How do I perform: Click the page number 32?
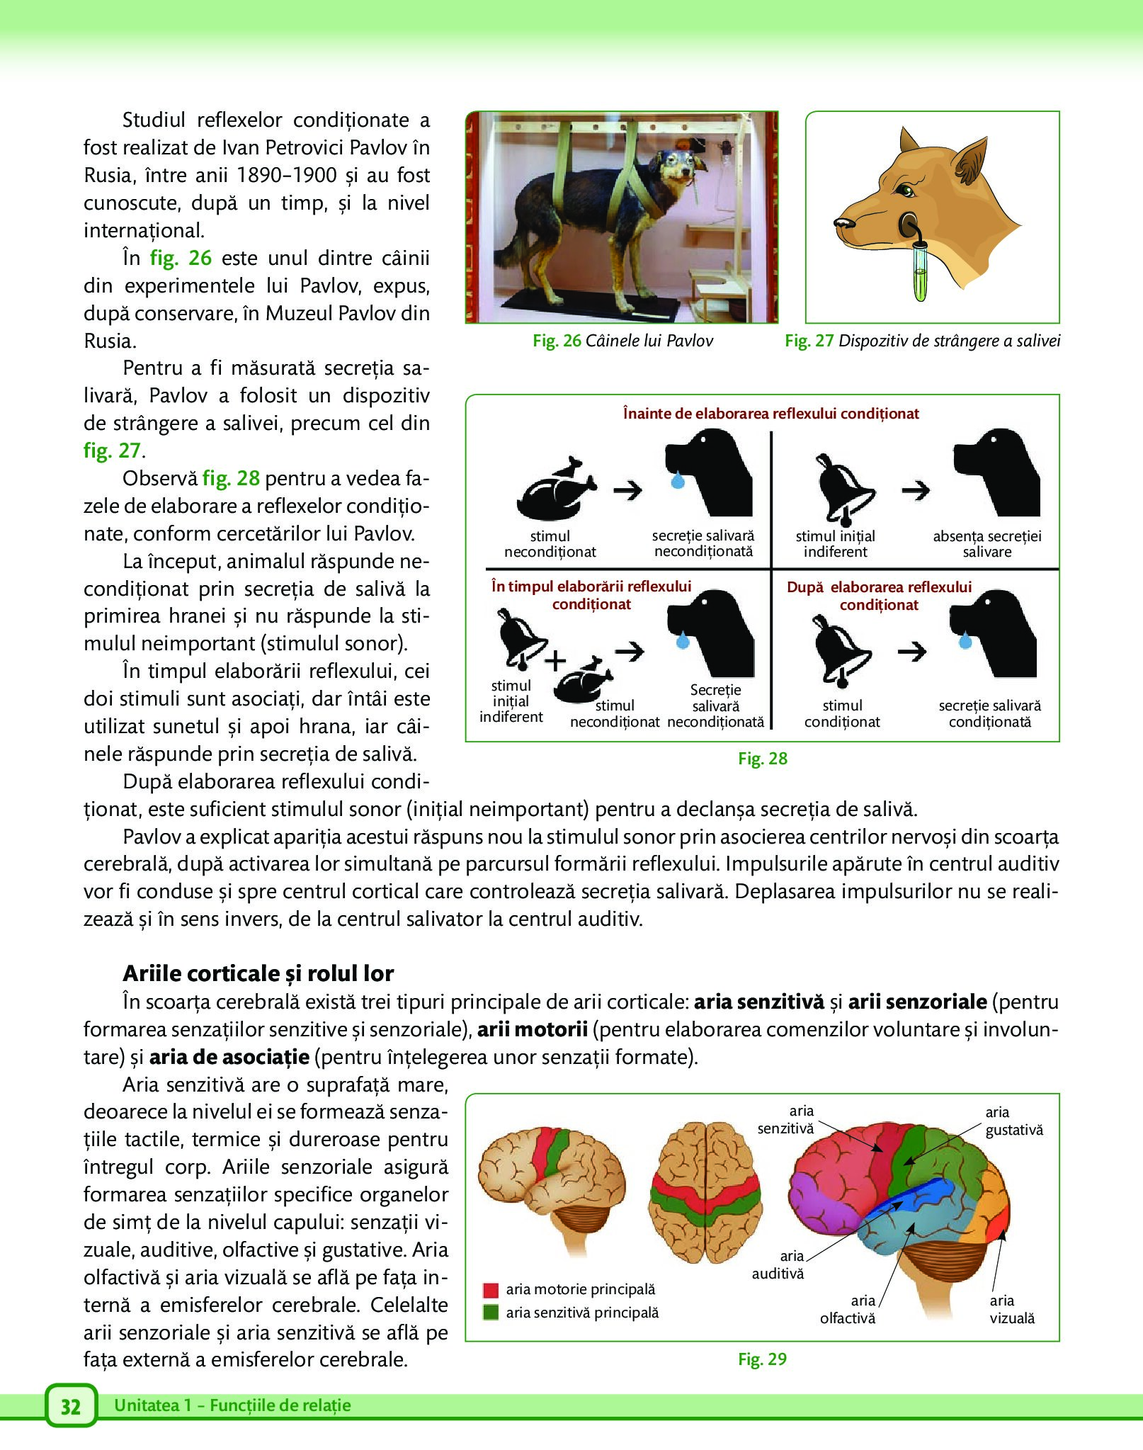pos(70,1406)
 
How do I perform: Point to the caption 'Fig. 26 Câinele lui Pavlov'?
pos(622,341)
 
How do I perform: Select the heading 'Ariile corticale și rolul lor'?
pos(258,973)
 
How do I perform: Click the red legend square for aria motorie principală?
pos(491,1289)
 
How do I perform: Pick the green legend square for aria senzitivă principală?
pos(491,1312)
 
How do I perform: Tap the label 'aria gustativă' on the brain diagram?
pos(1013,1121)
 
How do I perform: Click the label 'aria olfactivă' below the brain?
pos(848,1309)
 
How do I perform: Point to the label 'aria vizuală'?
pos(1012,1309)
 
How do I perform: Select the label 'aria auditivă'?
pos(778,1264)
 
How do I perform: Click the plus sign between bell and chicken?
pos(555,661)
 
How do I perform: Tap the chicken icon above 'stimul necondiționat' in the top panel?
pos(557,489)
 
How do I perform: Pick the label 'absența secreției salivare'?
pos(986,544)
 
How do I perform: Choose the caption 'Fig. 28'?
pos(762,759)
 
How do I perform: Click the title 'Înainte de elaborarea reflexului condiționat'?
pos(770,414)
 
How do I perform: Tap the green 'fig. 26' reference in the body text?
pos(181,258)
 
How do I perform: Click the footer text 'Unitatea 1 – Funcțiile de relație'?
pos(232,1405)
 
